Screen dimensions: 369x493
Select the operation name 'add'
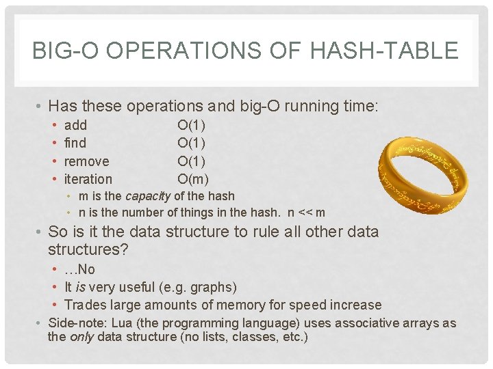75,125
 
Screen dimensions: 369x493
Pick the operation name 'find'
75,143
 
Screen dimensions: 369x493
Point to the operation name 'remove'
86,161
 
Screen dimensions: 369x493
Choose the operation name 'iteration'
88,179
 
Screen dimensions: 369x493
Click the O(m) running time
192,179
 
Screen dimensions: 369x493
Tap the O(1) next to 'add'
191,125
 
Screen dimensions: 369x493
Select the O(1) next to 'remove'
191,161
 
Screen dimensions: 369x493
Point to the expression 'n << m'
305,213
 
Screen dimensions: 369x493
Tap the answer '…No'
79,269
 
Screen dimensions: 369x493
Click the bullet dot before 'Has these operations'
42,107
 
